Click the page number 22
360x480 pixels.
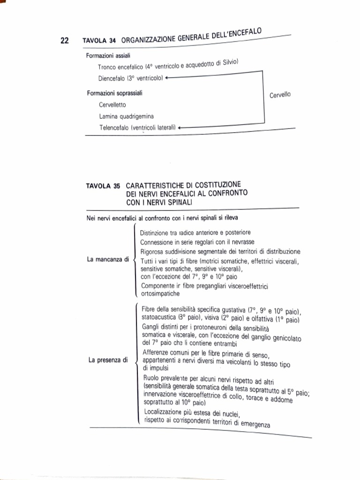[65, 41]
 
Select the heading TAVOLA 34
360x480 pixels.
[99, 41]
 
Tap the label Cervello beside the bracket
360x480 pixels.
[280, 95]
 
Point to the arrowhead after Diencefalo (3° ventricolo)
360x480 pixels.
[167, 78]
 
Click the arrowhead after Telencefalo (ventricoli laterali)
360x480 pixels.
[180, 127]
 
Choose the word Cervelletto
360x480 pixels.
[112, 105]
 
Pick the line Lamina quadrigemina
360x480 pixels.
[127, 116]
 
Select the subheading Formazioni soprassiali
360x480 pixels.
[115, 93]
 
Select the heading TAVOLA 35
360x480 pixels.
[103, 186]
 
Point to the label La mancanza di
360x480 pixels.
[108, 259]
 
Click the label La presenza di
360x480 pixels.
[108, 360]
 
